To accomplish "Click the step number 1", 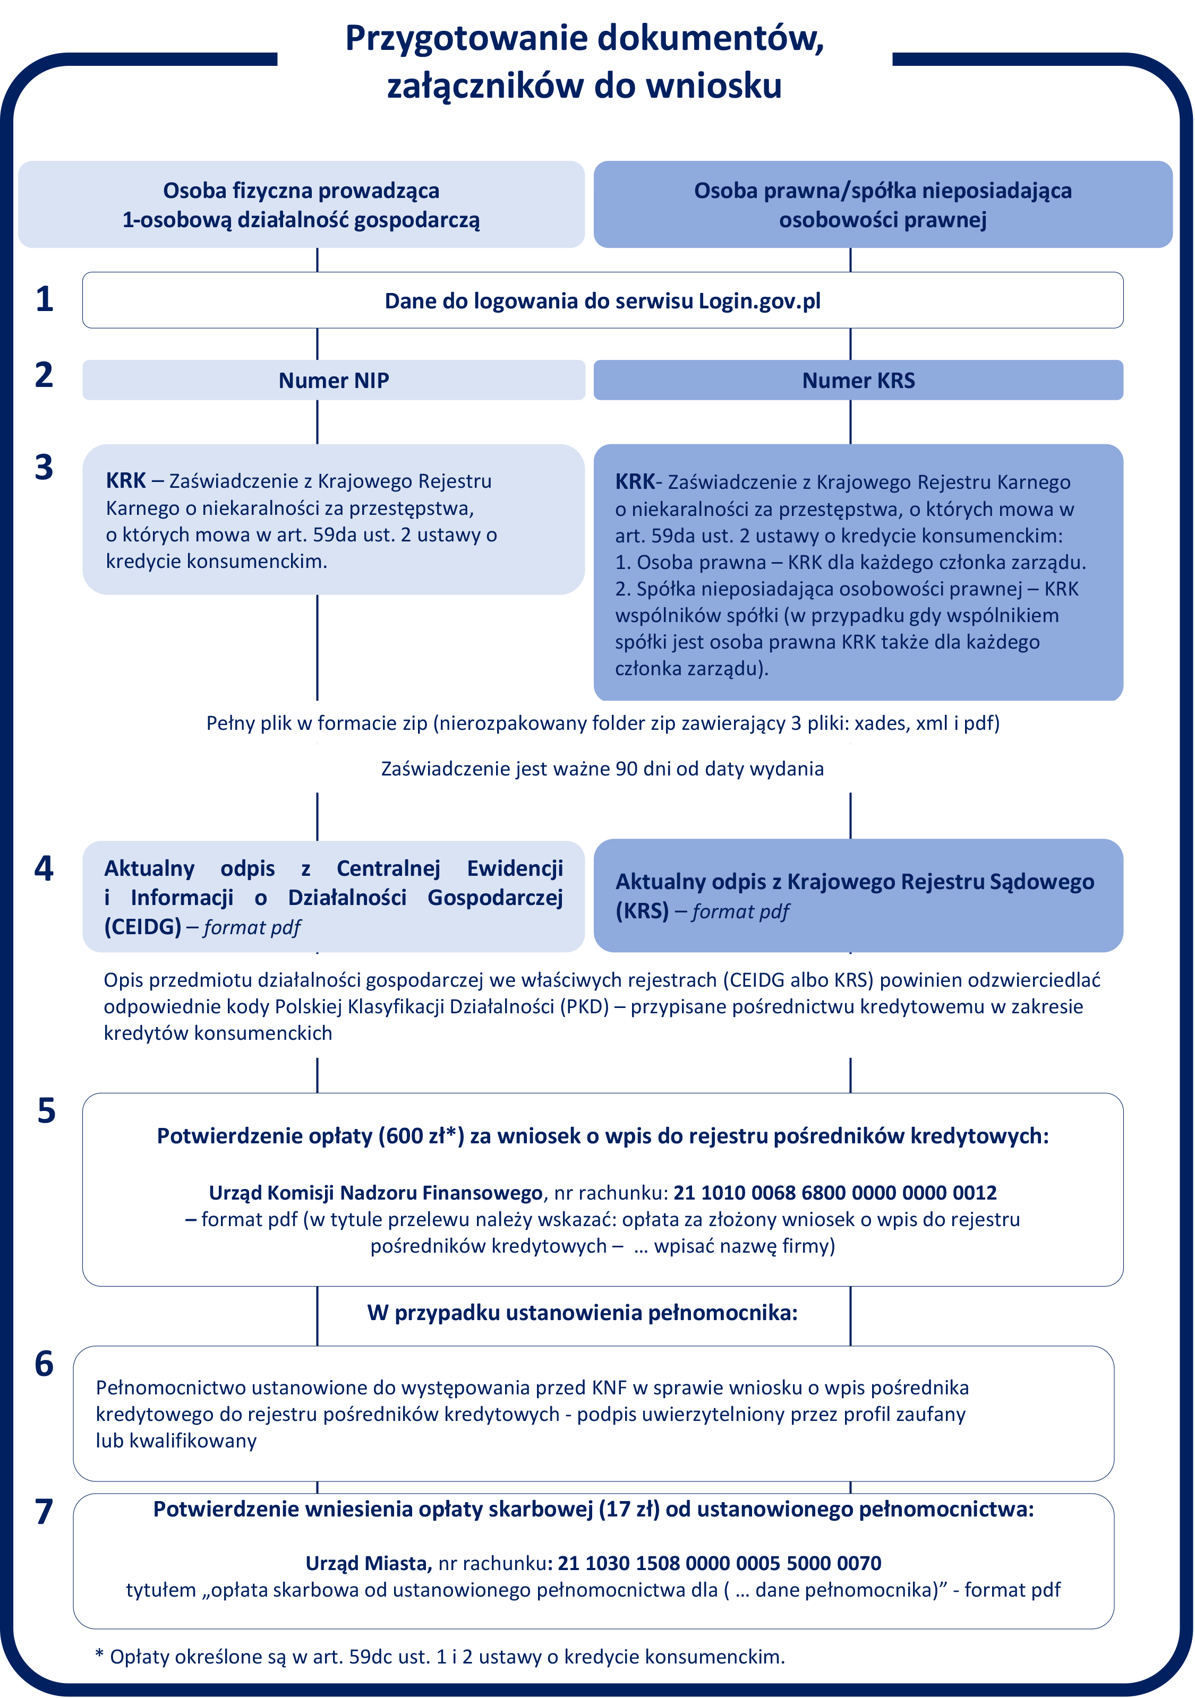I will point(45,299).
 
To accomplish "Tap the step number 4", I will point(45,869).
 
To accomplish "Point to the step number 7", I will point(45,1512).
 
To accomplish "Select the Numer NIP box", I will point(334,380).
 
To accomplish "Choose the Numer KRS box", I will point(858,380).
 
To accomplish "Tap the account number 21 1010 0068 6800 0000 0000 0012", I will point(835,1193).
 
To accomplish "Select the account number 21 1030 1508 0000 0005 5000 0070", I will point(719,1563).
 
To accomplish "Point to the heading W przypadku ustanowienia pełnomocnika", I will point(582,1313).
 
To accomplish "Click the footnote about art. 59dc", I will point(440,1657).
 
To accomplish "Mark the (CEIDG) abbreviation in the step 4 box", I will point(143,927).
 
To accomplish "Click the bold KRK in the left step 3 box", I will point(126,481).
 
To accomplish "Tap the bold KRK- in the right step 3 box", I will point(638,482).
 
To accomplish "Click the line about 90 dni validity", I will point(602,769).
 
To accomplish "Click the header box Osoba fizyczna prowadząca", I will point(301,204).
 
